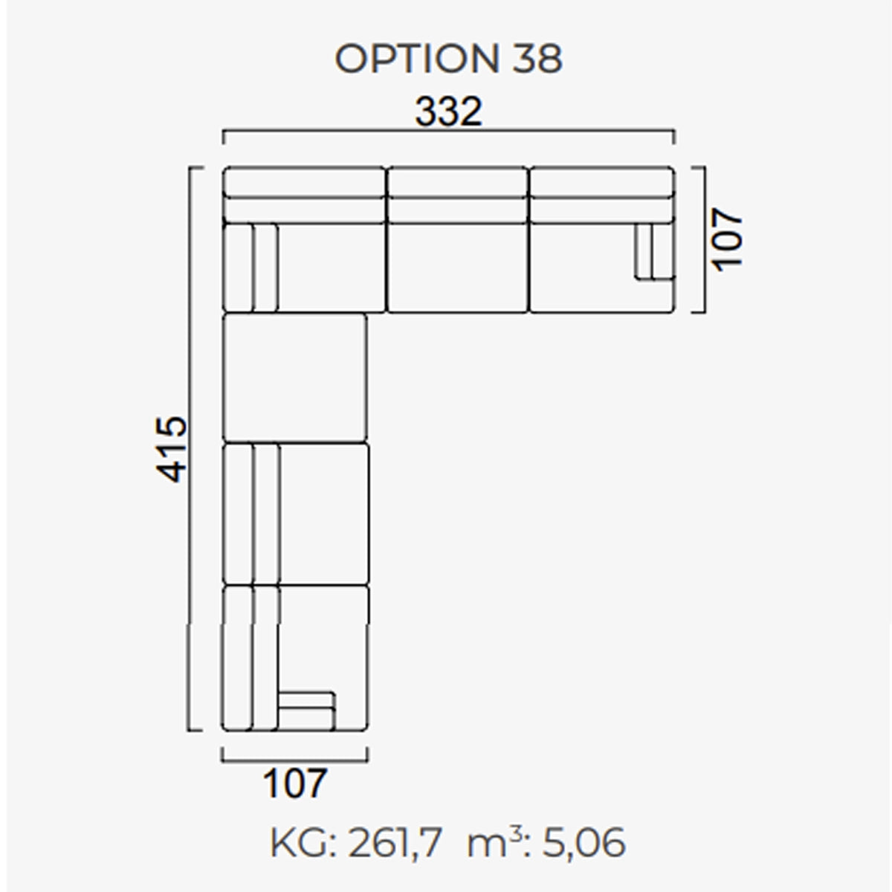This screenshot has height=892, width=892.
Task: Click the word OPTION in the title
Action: pyautogui.click(x=417, y=59)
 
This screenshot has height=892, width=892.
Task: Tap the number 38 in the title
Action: pyautogui.click(x=537, y=59)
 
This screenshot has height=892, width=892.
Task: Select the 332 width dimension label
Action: pyautogui.click(x=448, y=111)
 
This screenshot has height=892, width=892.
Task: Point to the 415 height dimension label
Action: pyautogui.click(x=171, y=449)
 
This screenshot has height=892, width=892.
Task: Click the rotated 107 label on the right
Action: pyautogui.click(x=727, y=240)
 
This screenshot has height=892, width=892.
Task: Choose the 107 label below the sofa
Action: pyautogui.click(x=295, y=783)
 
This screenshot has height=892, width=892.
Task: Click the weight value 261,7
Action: pyautogui.click(x=395, y=844)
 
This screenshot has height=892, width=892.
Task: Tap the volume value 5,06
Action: pyautogui.click(x=584, y=844)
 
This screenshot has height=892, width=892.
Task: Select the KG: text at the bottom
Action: pyautogui.click(x=303, y=844)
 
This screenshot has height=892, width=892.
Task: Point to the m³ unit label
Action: pyautogui.click(x=495, y=842)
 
